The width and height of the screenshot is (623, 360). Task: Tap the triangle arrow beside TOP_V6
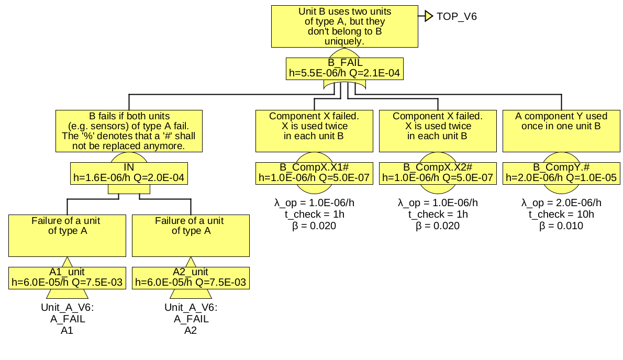tap(428, 16)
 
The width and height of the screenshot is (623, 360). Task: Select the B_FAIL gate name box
tap(344, 68)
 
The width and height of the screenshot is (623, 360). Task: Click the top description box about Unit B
tap(344, 26)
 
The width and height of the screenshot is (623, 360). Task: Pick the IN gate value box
tap(129, 173)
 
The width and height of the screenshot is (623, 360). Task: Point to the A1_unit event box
tap(67, 277)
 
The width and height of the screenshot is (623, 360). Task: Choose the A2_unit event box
tap(191, 277)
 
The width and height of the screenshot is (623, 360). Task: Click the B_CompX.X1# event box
tap(314, 173)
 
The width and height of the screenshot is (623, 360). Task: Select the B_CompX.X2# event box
tap(438, 173)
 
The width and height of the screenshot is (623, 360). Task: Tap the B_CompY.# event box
tap(561, 173)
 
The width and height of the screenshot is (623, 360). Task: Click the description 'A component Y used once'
tap(561, 131)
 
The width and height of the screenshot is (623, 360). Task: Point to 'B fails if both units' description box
tap(129, 131)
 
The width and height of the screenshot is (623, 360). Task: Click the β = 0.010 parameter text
tap(561, 226)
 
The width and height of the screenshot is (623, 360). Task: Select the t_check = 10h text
tap(561, 215)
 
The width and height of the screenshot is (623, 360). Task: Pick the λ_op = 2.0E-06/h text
tap(561, 203)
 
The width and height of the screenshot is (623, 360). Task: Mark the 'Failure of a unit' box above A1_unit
tap(67, 235)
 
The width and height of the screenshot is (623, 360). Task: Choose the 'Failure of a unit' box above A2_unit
tap(191, 235)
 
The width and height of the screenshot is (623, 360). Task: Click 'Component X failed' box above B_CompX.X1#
tap(314, 131)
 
